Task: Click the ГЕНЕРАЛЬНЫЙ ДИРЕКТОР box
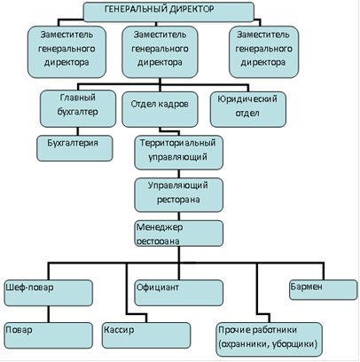tap(168, 12)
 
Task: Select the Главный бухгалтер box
tap(78, 108)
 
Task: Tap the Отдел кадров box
tap(160, 109)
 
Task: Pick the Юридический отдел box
tap(248, 109)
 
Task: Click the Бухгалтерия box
tap(74, 148)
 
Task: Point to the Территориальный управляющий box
tap(178, 153)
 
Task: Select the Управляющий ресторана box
tap(178, 195)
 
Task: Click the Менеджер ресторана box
tap(178, 233)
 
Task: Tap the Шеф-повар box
tap(48, 293)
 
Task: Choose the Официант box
tap(178, 293)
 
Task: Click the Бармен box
tap(323, 290)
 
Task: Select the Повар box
tap(48, 335)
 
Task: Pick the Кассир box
tap(146, 335)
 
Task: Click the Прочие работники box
tap(269, 340)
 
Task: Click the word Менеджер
tap(160, 227)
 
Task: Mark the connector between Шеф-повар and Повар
tap(48, 314)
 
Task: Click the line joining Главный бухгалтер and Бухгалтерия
tap(78, 131)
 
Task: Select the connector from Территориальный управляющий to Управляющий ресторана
tap(178, 174)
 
